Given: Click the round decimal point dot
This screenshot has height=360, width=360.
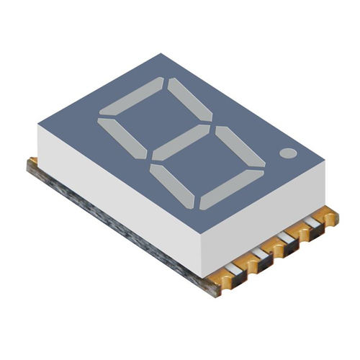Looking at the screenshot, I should pos(289,153).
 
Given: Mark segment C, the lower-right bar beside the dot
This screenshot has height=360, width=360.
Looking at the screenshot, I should pos(240,148).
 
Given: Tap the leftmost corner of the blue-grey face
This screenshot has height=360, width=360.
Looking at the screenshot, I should pos(37,128).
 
